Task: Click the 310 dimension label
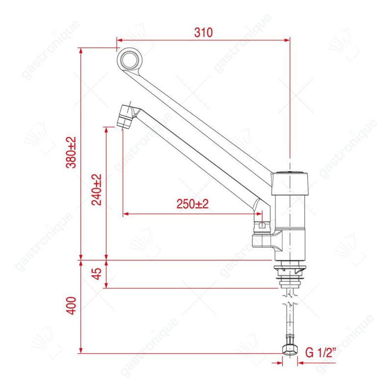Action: point(203,32)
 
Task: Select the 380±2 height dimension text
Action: point(71,152)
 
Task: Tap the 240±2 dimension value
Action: point(96,190)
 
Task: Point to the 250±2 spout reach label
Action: point(193,204)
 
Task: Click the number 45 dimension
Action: point(97,274)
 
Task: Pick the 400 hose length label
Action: point(71,306)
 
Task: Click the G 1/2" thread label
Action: point(320,352)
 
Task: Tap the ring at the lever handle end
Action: point(130,59)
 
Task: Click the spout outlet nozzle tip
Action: point(125,117)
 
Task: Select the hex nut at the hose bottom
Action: point(290,348)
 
